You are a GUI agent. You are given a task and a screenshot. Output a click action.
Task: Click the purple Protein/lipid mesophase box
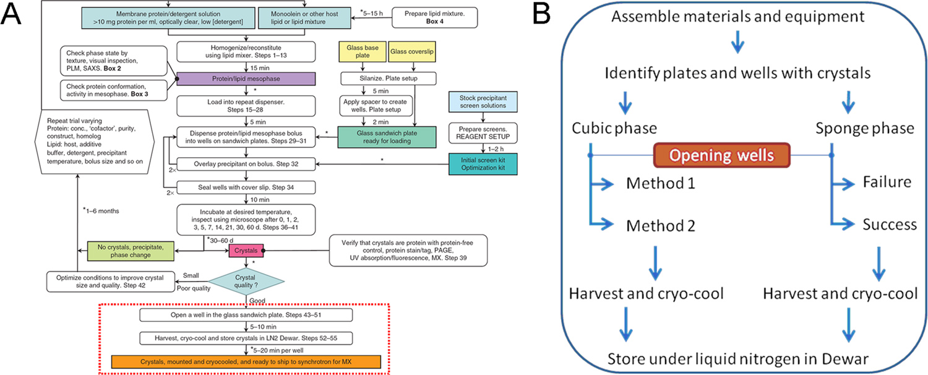click(246, 79)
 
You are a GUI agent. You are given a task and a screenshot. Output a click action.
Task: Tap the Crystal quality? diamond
click(246, 280)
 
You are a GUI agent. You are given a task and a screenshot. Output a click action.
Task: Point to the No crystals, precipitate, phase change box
click(129, 250)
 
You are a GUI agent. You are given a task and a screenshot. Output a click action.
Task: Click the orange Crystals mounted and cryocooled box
click(245, 361)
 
